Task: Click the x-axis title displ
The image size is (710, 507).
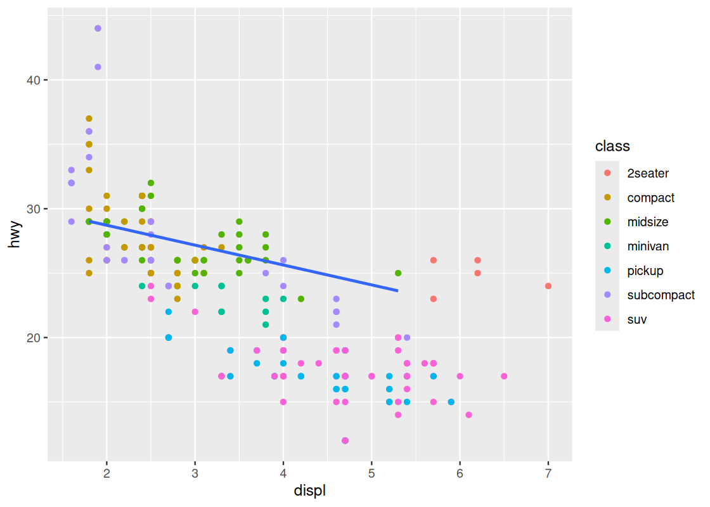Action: [x=310, y=491]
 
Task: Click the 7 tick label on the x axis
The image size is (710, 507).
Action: [x=548, y=474]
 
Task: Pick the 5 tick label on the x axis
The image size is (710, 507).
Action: [x=371, y=474]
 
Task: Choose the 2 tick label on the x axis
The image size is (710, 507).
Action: [x=106, y=474]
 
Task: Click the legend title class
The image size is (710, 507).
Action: [x=612, y=146]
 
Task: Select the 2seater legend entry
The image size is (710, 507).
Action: [x=647, y=173]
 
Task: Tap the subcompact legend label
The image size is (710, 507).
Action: [x=661, y=295]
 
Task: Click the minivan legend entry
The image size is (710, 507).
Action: [x=647, y=247]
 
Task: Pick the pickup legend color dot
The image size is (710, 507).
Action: [x=607, y=271]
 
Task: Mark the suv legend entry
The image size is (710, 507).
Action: [x=636, y=319]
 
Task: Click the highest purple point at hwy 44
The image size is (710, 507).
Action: [x=98, y=29]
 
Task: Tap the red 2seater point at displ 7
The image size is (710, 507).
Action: [x=548, y=286]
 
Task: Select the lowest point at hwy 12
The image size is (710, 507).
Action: [x=345, y=440]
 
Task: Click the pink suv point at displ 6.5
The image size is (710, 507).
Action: [x=504, y=376]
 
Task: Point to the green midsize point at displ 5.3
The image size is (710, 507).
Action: [x=398, y=273]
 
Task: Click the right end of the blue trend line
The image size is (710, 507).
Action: [x=397, y=290]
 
